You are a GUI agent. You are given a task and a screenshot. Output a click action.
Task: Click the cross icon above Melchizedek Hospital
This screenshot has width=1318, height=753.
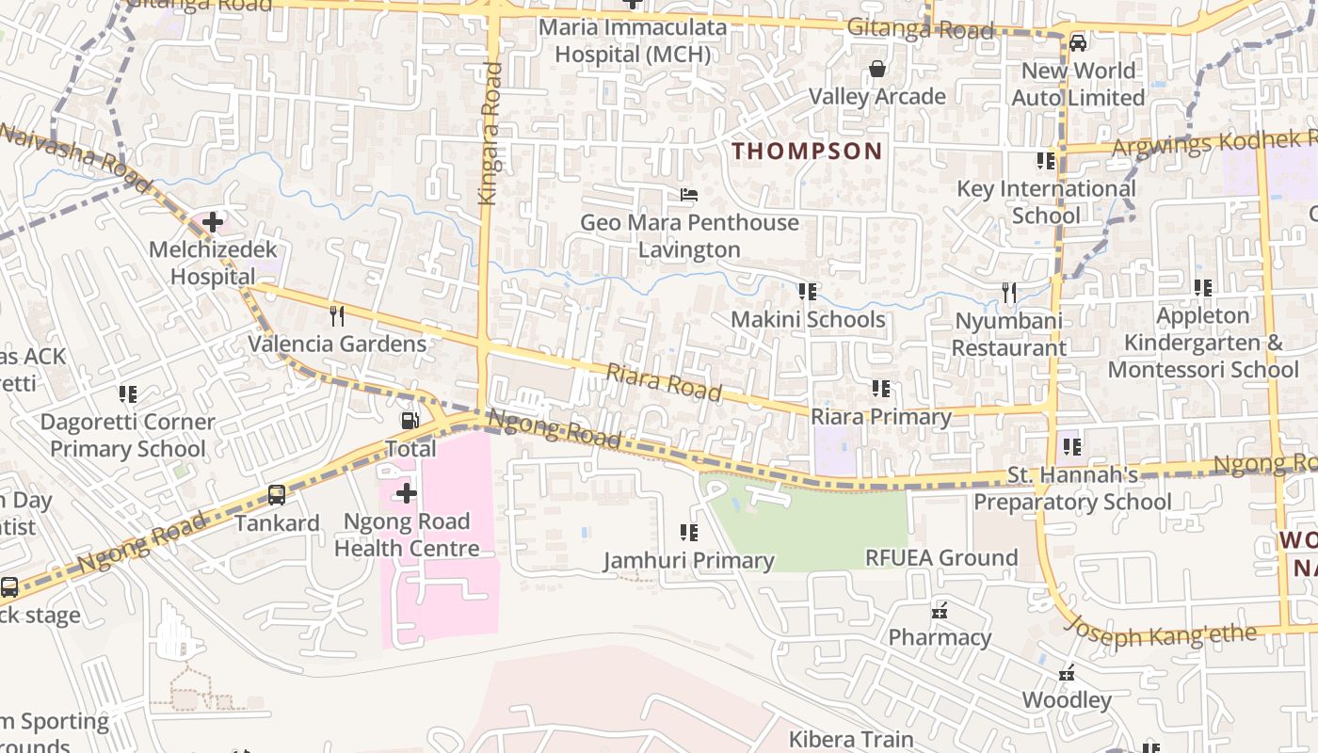pos(213,223)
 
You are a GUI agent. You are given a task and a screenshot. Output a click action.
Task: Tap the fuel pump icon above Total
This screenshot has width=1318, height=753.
pos(410,421)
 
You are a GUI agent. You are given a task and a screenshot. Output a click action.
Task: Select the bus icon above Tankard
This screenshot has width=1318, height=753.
pos(277,495)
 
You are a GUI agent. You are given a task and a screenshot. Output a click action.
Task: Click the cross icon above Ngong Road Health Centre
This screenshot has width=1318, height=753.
pos(407,493)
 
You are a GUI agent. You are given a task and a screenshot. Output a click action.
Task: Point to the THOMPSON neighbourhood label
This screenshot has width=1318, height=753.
pos(808,151)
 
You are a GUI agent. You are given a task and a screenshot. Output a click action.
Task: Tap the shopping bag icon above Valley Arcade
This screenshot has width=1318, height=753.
pos(877,69)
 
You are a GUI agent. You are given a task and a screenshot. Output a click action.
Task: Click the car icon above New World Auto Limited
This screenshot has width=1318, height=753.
pos(1078,43)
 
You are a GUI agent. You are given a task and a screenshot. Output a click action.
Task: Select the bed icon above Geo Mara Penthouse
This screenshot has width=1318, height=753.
pos(689,196)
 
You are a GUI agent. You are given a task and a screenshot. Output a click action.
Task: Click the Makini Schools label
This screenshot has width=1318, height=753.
pos(808,319)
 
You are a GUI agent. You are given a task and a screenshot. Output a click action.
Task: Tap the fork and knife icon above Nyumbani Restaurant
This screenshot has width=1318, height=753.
pos(1009,293)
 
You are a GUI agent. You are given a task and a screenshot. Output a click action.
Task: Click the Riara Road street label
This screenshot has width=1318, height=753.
pos(664,382)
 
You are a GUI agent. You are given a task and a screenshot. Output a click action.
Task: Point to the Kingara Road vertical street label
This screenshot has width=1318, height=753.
pos(489,133)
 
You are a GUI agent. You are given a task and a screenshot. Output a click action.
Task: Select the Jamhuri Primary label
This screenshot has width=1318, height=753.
pos(689,561)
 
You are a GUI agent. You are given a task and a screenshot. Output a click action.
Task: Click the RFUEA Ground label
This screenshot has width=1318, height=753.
pos(941,557)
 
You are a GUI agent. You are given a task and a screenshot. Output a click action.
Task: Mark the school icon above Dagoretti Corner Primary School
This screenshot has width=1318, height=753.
pos(128,394)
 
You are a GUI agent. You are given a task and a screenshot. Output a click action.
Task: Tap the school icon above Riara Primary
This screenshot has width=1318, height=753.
pos(881,389)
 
